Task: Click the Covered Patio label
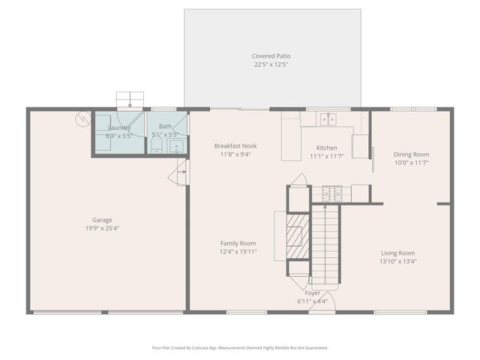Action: coord(271,56)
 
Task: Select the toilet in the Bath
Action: coord(157,146)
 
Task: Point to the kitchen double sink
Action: coord(327,118)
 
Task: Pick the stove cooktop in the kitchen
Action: coord(331,193)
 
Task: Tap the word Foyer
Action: coord(313,293)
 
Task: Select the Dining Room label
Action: coord(412,154)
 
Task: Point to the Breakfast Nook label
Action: coord(235,145)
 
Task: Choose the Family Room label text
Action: coord(238,243)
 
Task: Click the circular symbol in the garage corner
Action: coord(82,118)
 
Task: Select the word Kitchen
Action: coord(326,148)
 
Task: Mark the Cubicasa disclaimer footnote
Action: coord(240,347)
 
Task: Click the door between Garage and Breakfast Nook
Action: coord(181,175)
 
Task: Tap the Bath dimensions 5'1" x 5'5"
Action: coord(165,135)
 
